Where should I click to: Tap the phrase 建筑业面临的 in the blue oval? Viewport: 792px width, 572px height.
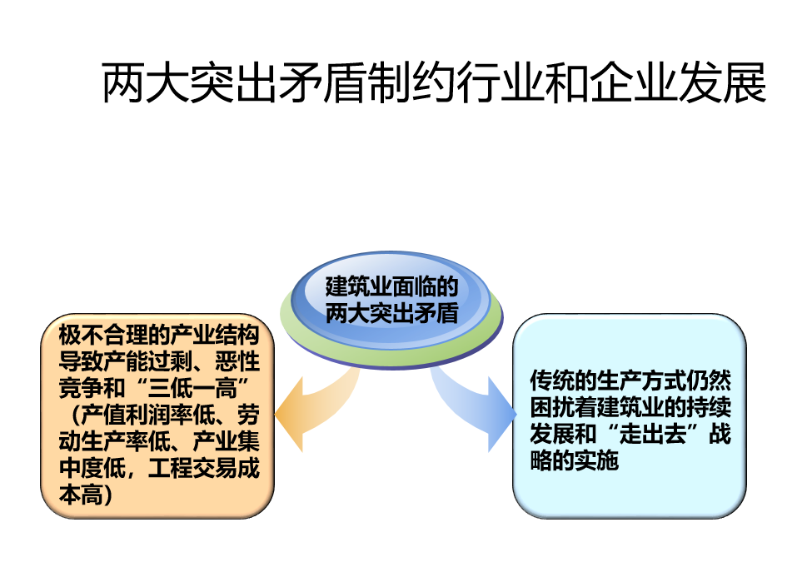[391, 286]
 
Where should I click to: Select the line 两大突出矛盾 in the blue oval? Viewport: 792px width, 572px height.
[391, 313]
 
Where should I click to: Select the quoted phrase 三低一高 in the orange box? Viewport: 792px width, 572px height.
[192, 388]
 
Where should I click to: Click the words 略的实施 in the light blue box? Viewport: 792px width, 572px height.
[575, 460]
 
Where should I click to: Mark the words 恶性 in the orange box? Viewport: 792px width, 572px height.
[237, 361]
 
